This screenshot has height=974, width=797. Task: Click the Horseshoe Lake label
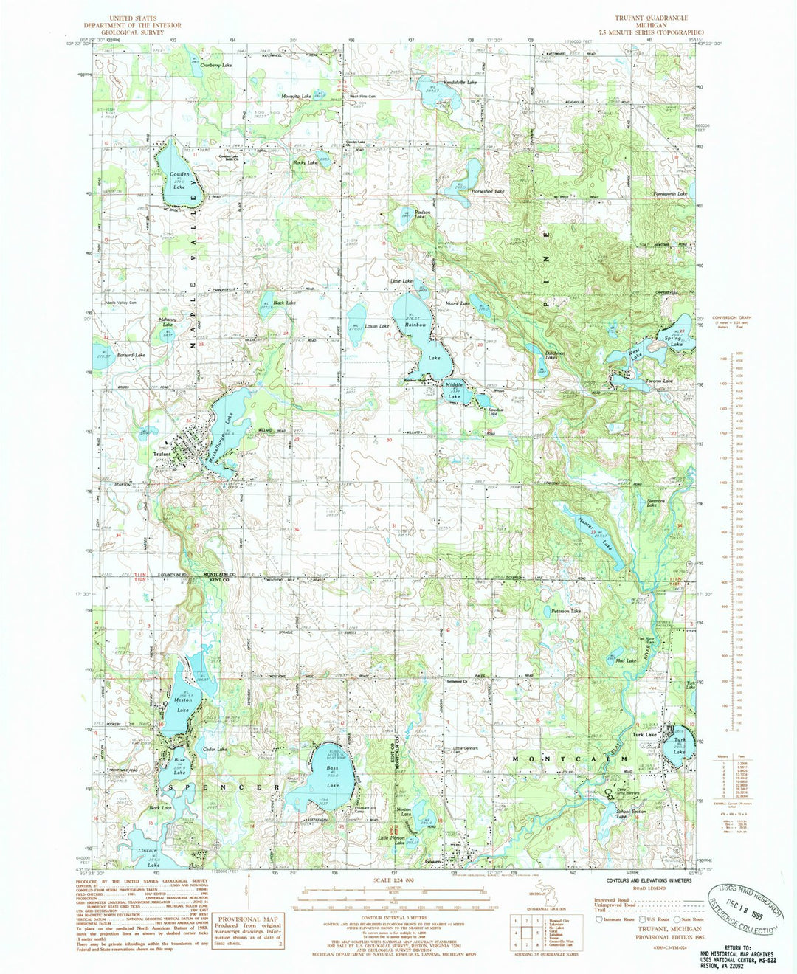click(x=489, y=191)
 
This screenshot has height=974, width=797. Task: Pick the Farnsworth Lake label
click(x=670, y=193)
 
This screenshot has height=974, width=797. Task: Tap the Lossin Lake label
click(x=376, y=325)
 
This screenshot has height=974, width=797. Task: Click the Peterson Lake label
click(x=566, y=611)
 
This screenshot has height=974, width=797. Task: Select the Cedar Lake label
click(x=214, y=749)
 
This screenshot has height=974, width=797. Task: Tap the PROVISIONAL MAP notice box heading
click(x=247, y=920)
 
